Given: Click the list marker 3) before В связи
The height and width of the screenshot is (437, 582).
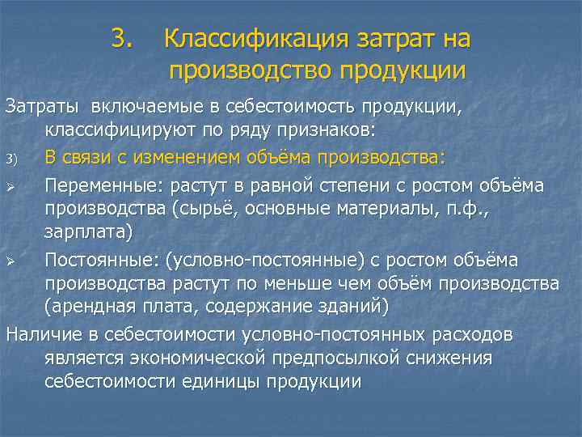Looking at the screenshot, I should [x=11, y=156].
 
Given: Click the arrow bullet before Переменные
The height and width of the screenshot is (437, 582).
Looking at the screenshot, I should [x=11, y=187].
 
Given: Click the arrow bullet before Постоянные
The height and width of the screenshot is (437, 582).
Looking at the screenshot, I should [x=11, y=261].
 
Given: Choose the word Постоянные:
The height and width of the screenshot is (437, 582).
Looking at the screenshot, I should [x=102, y=260].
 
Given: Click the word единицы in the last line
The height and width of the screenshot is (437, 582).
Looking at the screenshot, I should [x=208, y=380].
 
